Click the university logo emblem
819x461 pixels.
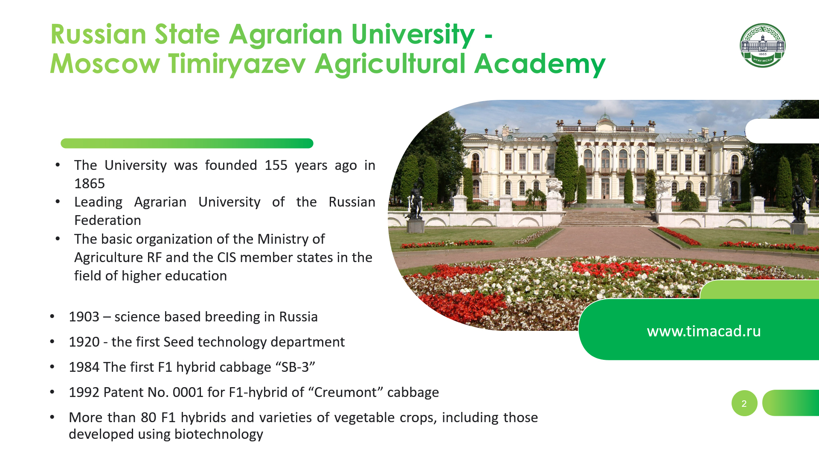tap(763, 46)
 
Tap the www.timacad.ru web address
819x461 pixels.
tap(704, 331)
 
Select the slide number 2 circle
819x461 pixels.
tap(744, 403)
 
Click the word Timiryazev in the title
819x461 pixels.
tap(237, 64)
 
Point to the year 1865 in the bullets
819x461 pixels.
tap(90, 184)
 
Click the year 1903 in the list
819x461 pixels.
tap(84, 317)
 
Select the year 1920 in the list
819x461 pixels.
tap(84, 342)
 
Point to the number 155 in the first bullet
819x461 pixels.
tap(276, 165)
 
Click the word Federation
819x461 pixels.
tap(107, 220)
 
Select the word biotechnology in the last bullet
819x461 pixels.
tap(219, 434)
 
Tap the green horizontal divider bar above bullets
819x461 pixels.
tap(187, 143)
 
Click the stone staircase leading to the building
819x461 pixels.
tap(609, 217)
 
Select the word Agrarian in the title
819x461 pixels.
tap(286, 35)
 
